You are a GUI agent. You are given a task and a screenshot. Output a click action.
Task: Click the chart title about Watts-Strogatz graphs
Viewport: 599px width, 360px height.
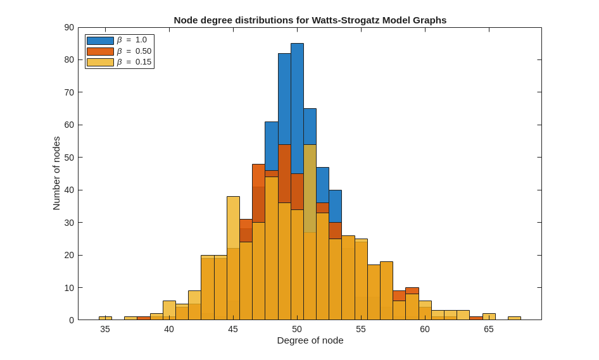pyautogui.click(x=310, y=20)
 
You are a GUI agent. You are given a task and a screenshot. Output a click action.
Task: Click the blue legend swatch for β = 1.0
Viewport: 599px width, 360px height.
pyautogui.click(x=100, y=40)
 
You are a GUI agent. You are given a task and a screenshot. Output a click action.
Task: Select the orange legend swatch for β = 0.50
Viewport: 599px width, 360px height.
pyautogui.click(x=100, y=51)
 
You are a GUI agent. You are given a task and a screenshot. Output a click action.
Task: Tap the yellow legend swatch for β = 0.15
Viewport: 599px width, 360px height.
pyautogui.click(x=100, y=62)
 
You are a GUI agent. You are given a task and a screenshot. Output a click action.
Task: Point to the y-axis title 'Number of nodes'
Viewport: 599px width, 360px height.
pyautogui.click(x=56, y=173)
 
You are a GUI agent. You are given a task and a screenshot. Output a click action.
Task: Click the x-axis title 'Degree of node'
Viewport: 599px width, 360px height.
pyautogui.click(x=310, y=340)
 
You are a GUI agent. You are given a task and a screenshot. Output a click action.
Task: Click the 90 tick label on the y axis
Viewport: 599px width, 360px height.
pyautogui.click(x=69, y=27)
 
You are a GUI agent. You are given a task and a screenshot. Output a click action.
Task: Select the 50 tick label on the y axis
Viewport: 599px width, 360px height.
pyautogui.click(x=69, y=158)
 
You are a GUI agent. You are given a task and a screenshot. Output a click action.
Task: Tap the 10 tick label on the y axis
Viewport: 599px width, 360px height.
pyautogui.click(x=69, y=288)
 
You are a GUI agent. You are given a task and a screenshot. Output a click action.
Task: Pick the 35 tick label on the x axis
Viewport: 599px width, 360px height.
pyautogui.click(x=105, y=329)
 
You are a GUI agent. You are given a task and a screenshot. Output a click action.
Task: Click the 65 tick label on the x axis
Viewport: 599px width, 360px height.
pyautogui.click(x=489, y=329)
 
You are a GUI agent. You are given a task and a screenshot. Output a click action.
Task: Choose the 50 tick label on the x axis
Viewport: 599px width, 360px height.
pyautogui.click(x=297, y=329)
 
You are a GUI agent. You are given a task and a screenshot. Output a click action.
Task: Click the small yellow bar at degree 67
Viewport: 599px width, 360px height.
pyautogui.click(x=514, y=318)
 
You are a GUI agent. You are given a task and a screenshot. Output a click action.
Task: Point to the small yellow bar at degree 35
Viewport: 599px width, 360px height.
pyautogui.click(x=105, y=318)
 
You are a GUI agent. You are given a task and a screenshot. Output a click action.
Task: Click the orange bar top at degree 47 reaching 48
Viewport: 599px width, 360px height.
pyautogui.click(x=258, y=167)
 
